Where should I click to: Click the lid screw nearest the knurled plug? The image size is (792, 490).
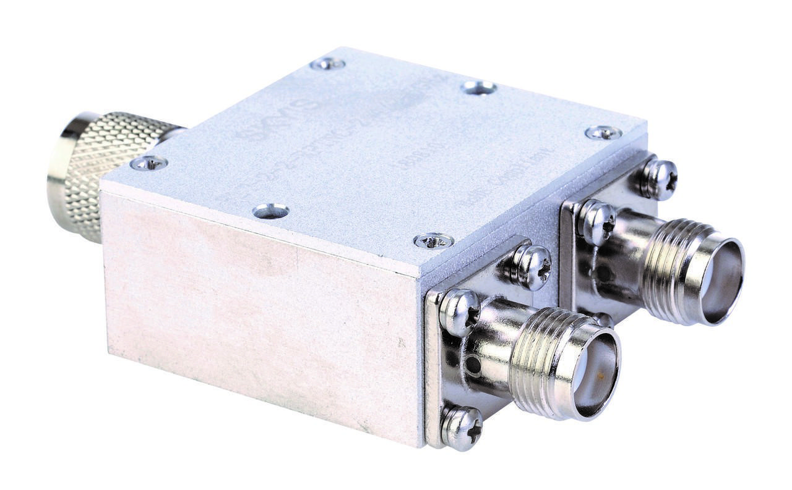pos(148,163)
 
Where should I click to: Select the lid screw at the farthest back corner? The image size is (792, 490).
pos(327,63)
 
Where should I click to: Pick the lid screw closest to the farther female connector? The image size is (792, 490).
pos(603,132)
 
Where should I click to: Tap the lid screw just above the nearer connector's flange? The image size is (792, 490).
pos(433,240)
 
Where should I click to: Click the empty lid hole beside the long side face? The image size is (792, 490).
pos(270,211)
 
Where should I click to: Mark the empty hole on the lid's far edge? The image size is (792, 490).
pos(479,88)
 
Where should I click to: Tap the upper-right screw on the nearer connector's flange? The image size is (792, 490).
pos(531,266)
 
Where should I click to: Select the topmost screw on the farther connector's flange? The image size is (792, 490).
pos(658,179)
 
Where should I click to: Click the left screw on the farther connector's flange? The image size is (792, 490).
pos(597,221)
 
